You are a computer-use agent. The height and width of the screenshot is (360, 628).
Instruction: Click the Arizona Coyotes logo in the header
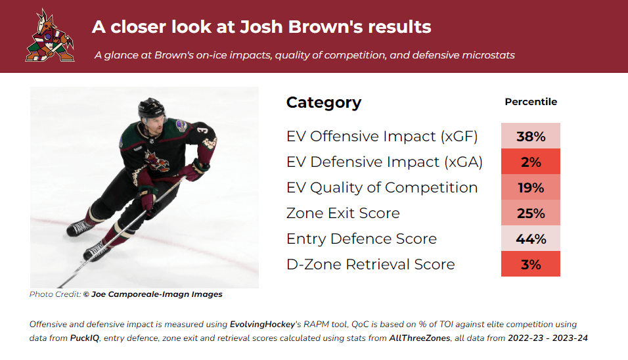tap(50, 35)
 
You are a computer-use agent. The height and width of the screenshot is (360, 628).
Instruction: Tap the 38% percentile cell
tap(531, 136)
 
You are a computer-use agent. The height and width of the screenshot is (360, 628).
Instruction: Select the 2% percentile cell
tap(531, 162)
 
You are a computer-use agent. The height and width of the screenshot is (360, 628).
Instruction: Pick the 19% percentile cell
tap(531, 187)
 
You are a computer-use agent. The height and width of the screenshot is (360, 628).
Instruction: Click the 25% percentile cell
tap(531, 213)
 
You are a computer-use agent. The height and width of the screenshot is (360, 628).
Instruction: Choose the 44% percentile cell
tap(531, 238)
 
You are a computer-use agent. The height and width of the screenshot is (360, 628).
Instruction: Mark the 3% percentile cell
tap(531, 264)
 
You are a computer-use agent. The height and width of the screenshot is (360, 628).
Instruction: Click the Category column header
tap(324, 103)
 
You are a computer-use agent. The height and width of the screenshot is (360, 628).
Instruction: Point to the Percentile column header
tap(531, 102)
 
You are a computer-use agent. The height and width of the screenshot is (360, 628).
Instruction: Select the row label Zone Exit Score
tap(343, 213)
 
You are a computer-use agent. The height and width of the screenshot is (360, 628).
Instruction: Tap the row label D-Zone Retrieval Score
tap(370, 264)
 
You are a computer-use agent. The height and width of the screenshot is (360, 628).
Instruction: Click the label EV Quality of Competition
tap(382, 187)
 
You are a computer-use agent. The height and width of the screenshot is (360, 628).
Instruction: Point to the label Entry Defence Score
tap(361, 238)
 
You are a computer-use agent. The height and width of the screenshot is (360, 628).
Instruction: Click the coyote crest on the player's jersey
tap(156, 161)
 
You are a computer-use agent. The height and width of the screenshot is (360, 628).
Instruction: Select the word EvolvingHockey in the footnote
tap(262, 325)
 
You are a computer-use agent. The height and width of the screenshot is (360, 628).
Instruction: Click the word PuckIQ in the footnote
tap(85, 338)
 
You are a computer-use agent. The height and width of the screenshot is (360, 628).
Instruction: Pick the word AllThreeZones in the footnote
tap(420, 338)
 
